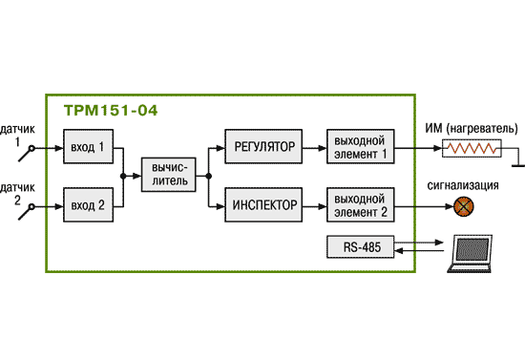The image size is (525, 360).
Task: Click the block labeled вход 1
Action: coord(89,147)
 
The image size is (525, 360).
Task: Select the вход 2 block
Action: coord(89,205)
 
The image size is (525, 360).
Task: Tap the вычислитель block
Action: coord(168,175)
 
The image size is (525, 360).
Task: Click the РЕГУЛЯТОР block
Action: coord(263,146)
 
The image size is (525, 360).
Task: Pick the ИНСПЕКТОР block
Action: coord(263,204)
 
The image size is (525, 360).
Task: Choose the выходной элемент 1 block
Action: coord(360,146)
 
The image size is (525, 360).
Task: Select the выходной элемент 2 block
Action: coord(360,204)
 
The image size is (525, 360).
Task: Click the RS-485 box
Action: coord(360,246)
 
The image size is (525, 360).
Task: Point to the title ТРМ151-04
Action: coord(111,111)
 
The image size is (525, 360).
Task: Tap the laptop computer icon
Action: coord(470,253)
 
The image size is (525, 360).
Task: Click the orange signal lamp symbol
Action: coord(464,206)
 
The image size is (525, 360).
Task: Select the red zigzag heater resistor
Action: coord(472,148)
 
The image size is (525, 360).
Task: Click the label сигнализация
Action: coord(463,185)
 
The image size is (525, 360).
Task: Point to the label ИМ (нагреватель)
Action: coord(472,129)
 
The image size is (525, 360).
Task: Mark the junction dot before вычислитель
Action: coord(123,176)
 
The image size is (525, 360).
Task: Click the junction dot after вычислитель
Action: coord(209,176)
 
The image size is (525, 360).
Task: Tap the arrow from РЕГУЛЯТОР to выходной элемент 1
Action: coord(314,148)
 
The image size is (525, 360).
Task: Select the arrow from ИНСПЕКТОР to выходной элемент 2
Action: coord(314,206)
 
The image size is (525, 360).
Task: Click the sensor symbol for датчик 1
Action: coord(27,154)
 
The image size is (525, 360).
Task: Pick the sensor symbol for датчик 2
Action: coord(27,212)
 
